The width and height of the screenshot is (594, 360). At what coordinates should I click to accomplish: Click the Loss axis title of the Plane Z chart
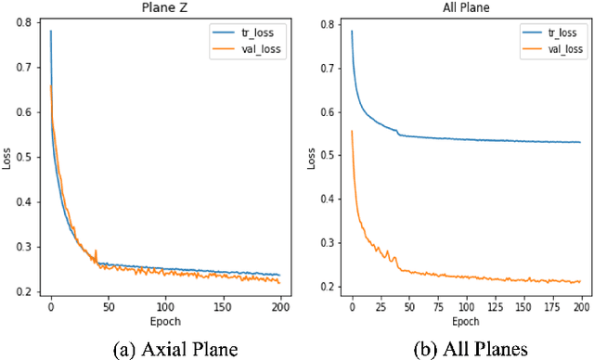[x=8, y=157]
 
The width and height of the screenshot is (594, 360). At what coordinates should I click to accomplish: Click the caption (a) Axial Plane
[x=166, y=348]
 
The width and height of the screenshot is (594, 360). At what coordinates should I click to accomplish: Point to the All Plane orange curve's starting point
[x=352, y=131]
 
